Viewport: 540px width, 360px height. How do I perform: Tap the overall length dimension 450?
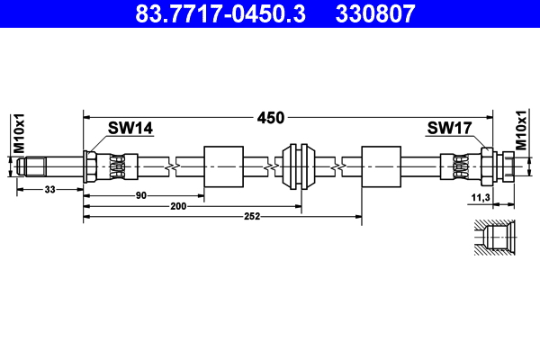coord(271,117)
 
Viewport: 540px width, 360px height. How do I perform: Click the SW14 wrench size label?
coord(130,129)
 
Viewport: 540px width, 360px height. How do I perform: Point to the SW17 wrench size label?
coord(448,129)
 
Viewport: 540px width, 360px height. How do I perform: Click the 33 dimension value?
coord(49,189)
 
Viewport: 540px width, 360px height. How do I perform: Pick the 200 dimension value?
coord(178,207)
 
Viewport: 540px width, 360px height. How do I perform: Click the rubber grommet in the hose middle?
coord(297,166)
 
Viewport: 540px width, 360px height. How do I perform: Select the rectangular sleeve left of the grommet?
coord(224,166)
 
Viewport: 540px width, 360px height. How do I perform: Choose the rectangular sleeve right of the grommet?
coord(381,166)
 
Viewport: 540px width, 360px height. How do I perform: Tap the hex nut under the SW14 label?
coord(91,166)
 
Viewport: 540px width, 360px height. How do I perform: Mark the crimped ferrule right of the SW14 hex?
coord(118,166)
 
